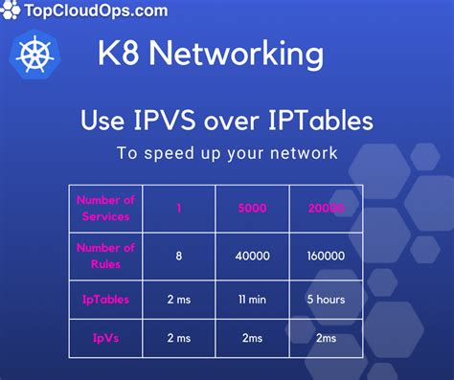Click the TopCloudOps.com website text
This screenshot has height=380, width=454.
click(90, 11)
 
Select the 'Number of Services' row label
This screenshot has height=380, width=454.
click(104, 207)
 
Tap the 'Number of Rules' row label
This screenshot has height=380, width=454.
click(104, 255)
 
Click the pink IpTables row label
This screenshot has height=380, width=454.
click(104, 299)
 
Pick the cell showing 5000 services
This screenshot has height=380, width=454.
click(253, 207)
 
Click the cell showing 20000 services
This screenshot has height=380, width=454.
click(327, 207)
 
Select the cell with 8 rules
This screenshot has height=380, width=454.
click(179, 256)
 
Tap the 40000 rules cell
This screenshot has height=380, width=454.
click(253, 256)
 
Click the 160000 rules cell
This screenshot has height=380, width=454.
click(327, 256)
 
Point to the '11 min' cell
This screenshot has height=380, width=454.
click(253, 299)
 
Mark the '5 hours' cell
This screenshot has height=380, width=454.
click(327, 299)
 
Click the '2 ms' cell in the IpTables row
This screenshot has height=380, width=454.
click(179, 299)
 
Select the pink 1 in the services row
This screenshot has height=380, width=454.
click(179, 207)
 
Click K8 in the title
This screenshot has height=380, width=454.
click(119, 54)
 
